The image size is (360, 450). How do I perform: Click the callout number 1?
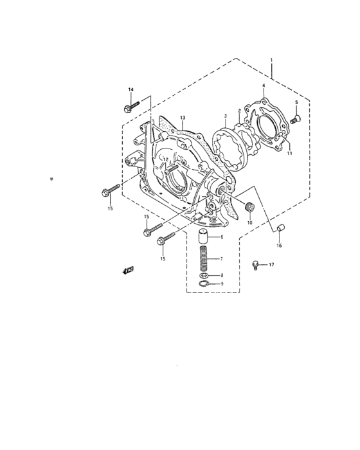(x=271, y=60)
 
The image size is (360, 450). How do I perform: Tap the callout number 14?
(x=130, y=89)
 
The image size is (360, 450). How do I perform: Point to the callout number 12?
(x=166, y=159)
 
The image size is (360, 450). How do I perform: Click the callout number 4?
(x=264, y=85)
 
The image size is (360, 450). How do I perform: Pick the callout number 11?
(x=289, y=153)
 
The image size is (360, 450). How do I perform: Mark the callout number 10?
(x=250, y=222)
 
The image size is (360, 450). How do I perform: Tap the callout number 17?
(x=271, y=265)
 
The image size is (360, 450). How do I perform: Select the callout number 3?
(x=225, y=117)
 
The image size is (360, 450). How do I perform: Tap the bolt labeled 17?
(x=256, y=264)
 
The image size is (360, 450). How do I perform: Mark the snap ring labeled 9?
(x=204, y=283)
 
